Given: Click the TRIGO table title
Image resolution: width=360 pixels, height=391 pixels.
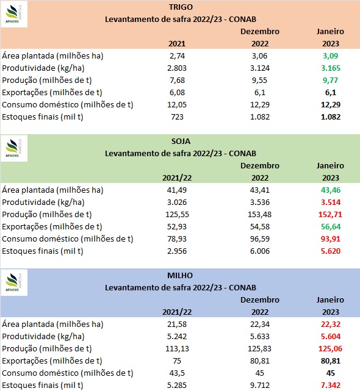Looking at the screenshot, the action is [181, 7].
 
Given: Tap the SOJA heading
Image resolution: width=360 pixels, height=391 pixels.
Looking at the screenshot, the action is [181, 141].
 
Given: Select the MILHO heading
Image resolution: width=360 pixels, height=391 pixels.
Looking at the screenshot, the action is [180, 275].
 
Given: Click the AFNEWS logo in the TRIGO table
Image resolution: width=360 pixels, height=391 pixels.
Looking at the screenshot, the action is [14, 15].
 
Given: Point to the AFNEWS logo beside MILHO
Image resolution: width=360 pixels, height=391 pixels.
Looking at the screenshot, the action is [14, 283].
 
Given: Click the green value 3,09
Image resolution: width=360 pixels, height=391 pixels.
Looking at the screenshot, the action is [330, 56].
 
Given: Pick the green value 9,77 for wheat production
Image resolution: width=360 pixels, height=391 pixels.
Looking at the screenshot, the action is [330, 80].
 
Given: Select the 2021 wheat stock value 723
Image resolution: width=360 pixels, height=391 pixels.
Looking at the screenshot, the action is [177, 117].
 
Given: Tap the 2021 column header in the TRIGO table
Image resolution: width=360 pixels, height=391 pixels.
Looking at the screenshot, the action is [177, 44].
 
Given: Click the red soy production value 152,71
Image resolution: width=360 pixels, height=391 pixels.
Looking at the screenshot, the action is [330, 214].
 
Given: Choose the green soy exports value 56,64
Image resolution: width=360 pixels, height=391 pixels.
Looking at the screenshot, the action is [331, 226].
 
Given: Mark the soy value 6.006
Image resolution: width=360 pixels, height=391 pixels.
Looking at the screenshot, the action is [260, 251].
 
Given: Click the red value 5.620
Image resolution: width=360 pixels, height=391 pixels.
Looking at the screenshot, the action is [331, 251].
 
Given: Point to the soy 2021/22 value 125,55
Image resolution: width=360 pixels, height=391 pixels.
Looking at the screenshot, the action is [177, 214].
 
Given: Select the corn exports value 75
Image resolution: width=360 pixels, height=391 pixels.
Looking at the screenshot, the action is [177, 361].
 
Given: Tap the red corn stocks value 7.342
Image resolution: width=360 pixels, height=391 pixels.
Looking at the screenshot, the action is [331, 385].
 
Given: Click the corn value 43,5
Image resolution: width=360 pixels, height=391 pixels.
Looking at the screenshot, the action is [177, 373].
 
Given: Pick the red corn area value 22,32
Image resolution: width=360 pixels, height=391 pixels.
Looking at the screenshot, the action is [331, 324].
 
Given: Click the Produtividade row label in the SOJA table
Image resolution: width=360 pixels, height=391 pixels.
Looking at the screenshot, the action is [43, 202].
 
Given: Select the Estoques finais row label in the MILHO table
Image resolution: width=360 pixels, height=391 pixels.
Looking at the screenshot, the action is [43, 385].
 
